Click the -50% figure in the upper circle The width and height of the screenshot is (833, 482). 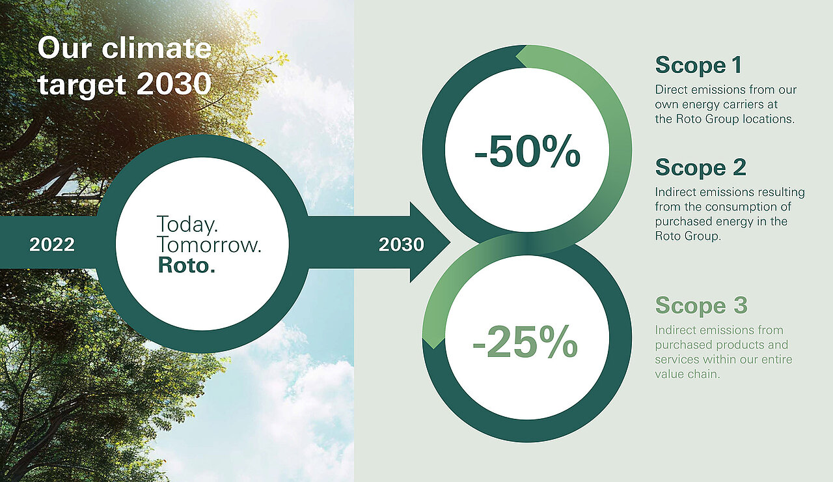[x=527, y=152]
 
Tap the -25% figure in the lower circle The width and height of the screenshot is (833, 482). [x=525, y=342]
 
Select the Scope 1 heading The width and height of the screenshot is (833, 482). [x=698, y=66]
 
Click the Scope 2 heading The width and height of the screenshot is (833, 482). [x=701, y=167]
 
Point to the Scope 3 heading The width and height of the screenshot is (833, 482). [x=701, y=305]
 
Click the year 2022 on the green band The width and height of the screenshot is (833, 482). [x=52, y=244]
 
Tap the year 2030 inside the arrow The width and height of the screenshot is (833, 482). [x=402, y=244]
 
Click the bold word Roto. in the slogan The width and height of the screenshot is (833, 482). [x=187, y=265]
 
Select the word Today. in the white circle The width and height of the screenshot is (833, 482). [x=187, y=224]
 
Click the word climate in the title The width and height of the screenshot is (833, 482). [x=157, y=48]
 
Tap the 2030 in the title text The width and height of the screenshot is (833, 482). [x=174, y=84]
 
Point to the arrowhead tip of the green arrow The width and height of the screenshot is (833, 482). [x=450, y=243]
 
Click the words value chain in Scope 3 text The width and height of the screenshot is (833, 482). [x=688, y=374]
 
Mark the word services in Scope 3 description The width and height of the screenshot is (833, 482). [x=677, y=360]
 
